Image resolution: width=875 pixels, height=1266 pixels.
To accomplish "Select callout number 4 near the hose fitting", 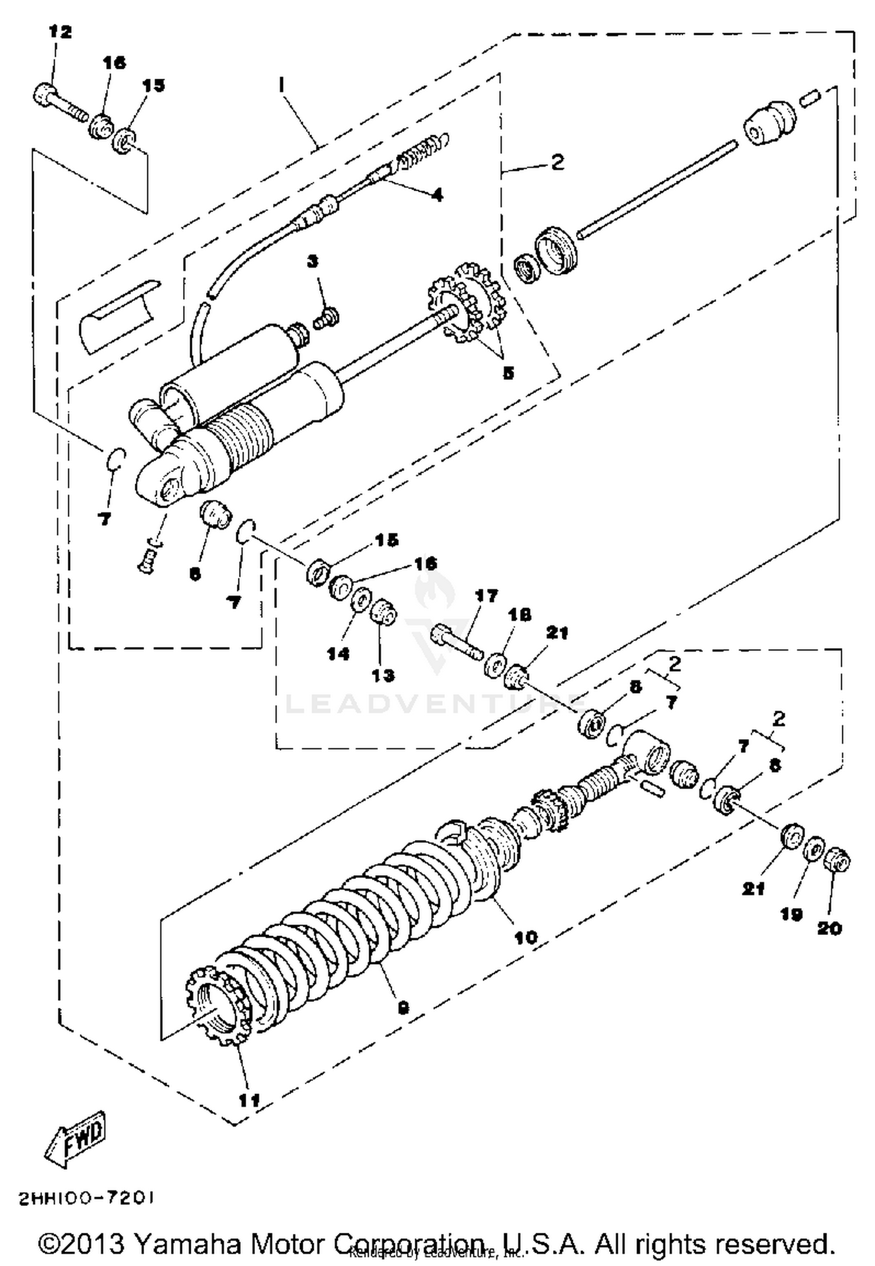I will click(x=436, y=195).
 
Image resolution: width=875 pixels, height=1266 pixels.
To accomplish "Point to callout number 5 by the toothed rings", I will click(x=508, y=373).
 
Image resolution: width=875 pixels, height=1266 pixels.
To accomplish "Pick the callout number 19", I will click(x=792, y=915).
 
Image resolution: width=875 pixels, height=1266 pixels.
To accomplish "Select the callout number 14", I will click(x=338, y=653).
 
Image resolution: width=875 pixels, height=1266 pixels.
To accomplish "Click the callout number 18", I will click(x=519, y=616).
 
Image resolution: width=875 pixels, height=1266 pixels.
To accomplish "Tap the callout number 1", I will click(x=282, y=85).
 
